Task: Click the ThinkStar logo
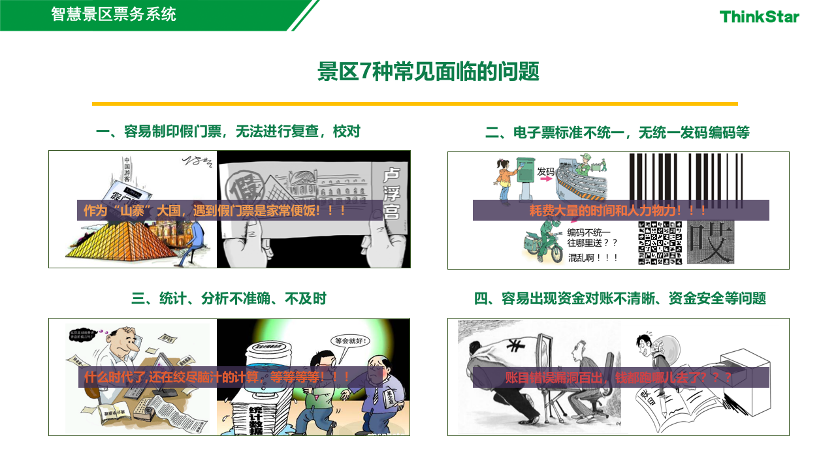click(x=759, y=16)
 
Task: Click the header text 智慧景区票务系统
click(x=114, y=14)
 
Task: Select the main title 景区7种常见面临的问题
click(x=428, y=72)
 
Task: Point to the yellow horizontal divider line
click(x=415, y=103)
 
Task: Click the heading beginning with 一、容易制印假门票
click(x=228, y=132)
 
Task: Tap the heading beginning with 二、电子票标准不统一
click(x=617, y=133)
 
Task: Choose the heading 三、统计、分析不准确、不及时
click(x=229, y=298)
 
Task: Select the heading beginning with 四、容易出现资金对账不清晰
click(x=619, y=298)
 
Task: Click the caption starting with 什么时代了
click(x=217, y=377)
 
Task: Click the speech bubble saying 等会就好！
click(x=350, y=340)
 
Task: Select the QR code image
click(x=660, y=243)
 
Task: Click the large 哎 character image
click(x=707, y=243)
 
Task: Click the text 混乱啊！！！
click(x=592, y=257)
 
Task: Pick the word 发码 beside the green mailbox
click(x=545, y=172)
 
